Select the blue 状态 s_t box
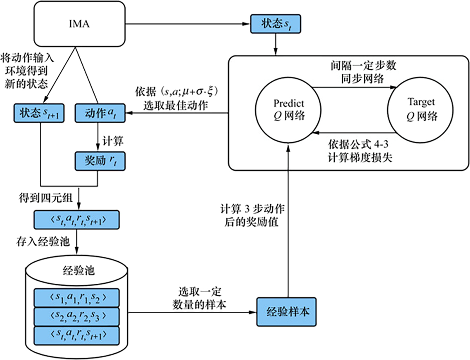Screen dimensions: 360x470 click(x=276, y=25)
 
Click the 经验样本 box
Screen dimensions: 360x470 click(x=287, y=312)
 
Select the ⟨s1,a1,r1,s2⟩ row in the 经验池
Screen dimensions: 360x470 click(x=76, y=297)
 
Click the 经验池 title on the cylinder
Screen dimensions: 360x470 click(x=76, y=271)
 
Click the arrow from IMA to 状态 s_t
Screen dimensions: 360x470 click(x=188, y=25)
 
